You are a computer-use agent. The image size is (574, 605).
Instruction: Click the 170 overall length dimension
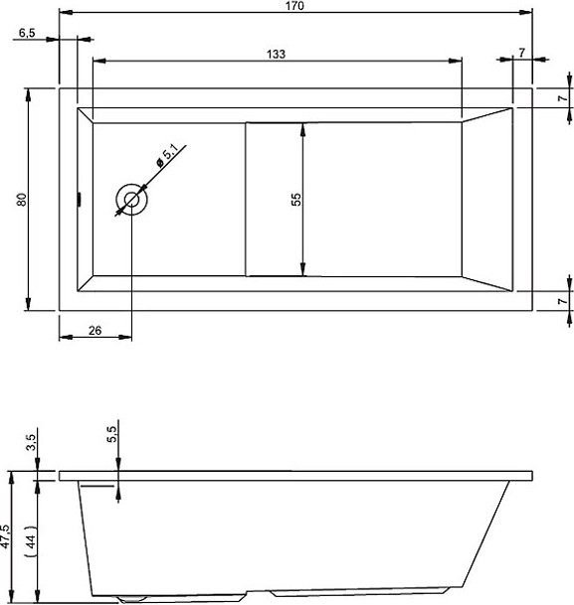coord(295,6)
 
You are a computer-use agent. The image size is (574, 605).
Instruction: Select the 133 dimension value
coord(277,54)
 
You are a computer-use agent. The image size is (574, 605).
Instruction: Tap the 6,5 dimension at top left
coord(27,33)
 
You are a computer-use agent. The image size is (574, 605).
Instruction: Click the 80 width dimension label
coord(22,199)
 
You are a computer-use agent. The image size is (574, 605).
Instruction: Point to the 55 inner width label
coord(295,200)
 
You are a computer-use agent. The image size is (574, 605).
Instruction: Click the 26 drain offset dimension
coord(96,331)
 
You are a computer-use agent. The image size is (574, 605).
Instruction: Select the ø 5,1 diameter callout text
coord(167,156)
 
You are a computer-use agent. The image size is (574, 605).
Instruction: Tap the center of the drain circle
coord(131,200)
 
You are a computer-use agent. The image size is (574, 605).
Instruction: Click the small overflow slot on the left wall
coord(80,199)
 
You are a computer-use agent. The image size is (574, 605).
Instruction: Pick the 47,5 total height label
coord(5,536)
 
